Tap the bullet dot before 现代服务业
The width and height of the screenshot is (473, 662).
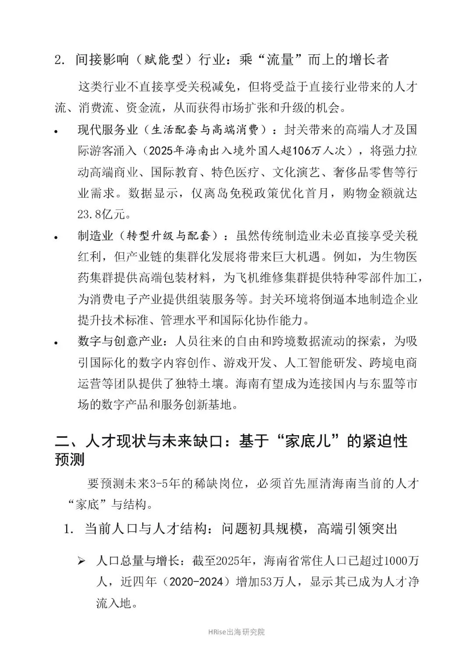click(x=56, y=131)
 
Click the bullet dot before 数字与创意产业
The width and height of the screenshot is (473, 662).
click(x=56, y=343)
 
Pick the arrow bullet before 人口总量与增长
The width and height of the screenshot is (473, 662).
click(x=81, y=561)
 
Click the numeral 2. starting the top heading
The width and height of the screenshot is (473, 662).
click(x=60, y=60)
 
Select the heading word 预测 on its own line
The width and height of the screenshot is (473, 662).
click(x=70, y=459)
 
